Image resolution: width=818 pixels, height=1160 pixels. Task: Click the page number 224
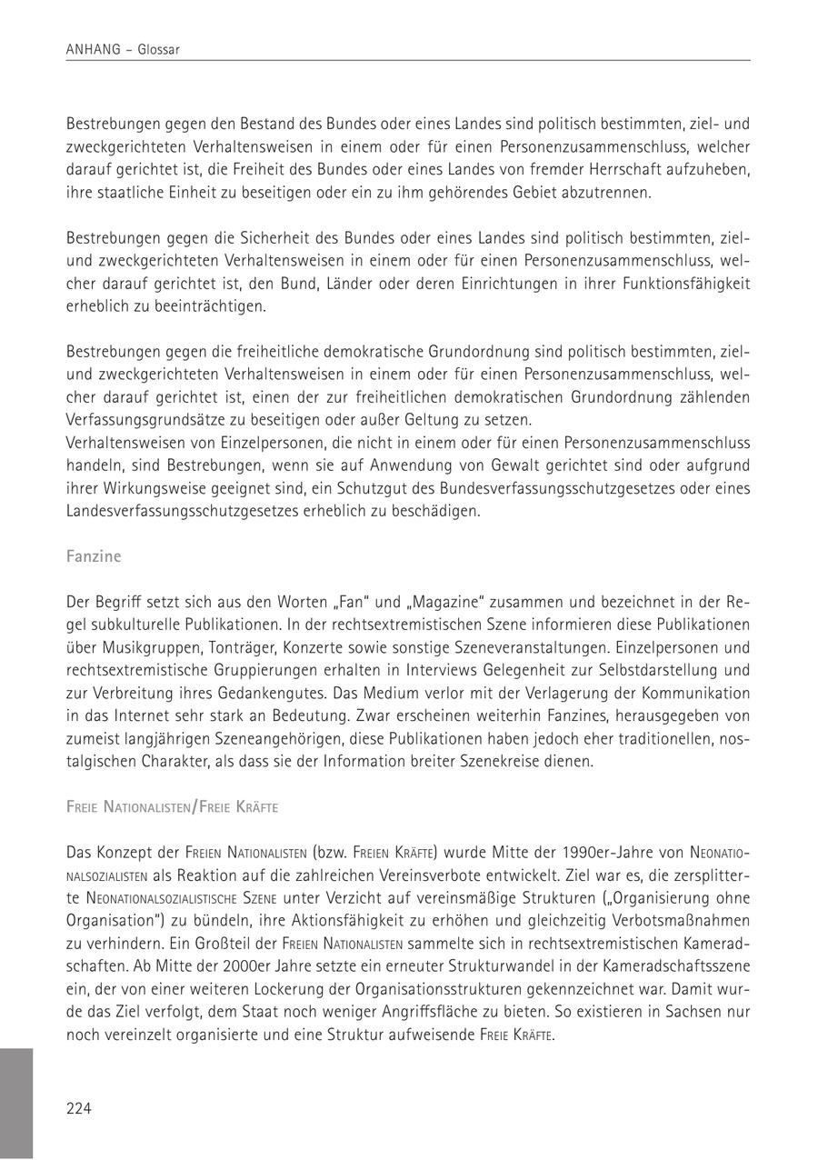pos(79,1107)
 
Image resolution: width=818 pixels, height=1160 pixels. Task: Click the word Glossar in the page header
pos(159,50)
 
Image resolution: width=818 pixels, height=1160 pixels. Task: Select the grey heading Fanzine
pos(94,555)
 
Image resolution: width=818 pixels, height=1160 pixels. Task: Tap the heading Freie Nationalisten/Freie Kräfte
pos(172,806)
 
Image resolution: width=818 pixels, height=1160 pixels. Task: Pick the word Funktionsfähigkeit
pos(686,284)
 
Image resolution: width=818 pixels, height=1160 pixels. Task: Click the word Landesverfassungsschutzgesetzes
pos(179,511)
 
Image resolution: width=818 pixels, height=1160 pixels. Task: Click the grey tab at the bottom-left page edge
pos(16,1104)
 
